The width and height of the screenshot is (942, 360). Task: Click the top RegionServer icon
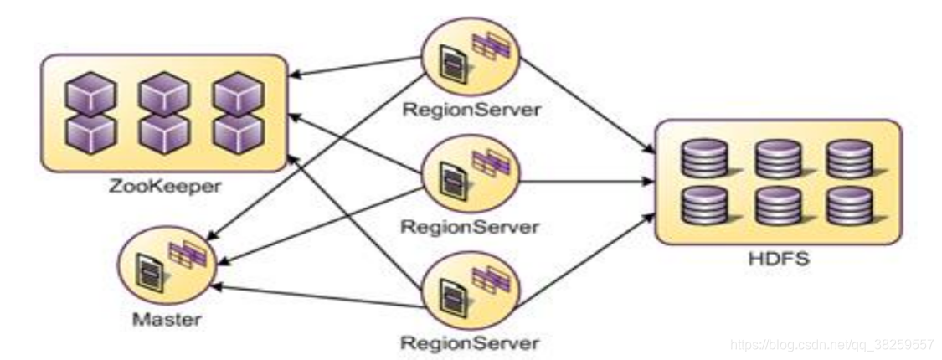pyautogui.click(x=471, y=61)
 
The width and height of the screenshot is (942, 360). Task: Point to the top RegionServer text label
pyautogui.click(x=469, y=111)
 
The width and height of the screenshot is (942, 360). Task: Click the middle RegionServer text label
pyautogui.click(x=469, y=226)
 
